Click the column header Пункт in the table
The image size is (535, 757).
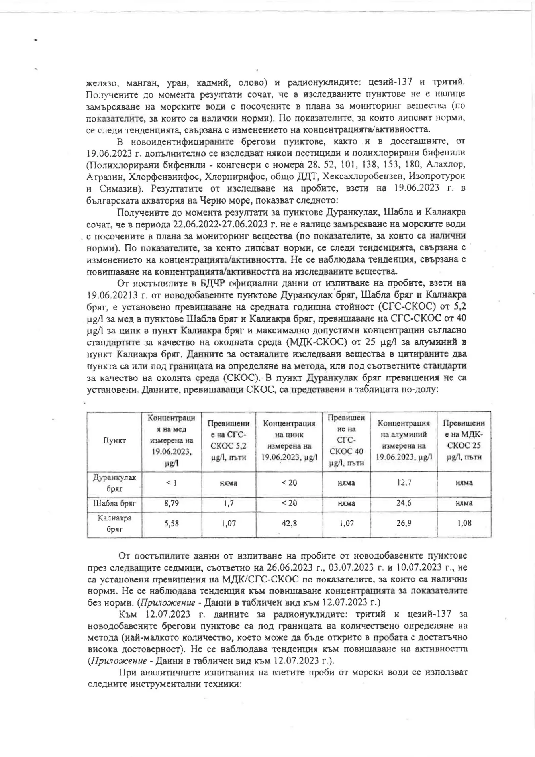coord(114,440)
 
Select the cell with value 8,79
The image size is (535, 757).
coord(172,503)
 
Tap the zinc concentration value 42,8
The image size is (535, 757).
coord(289,524)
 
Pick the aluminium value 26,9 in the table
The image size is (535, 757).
coord(404,524)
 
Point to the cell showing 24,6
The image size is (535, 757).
coord(404,503)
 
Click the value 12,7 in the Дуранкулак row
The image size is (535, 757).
coord(404,482)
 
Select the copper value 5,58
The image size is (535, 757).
coord(172,524)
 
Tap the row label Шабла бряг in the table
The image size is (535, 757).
coord(114,503)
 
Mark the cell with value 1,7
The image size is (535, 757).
coord(228,503)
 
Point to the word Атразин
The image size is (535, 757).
coord(102,176)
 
